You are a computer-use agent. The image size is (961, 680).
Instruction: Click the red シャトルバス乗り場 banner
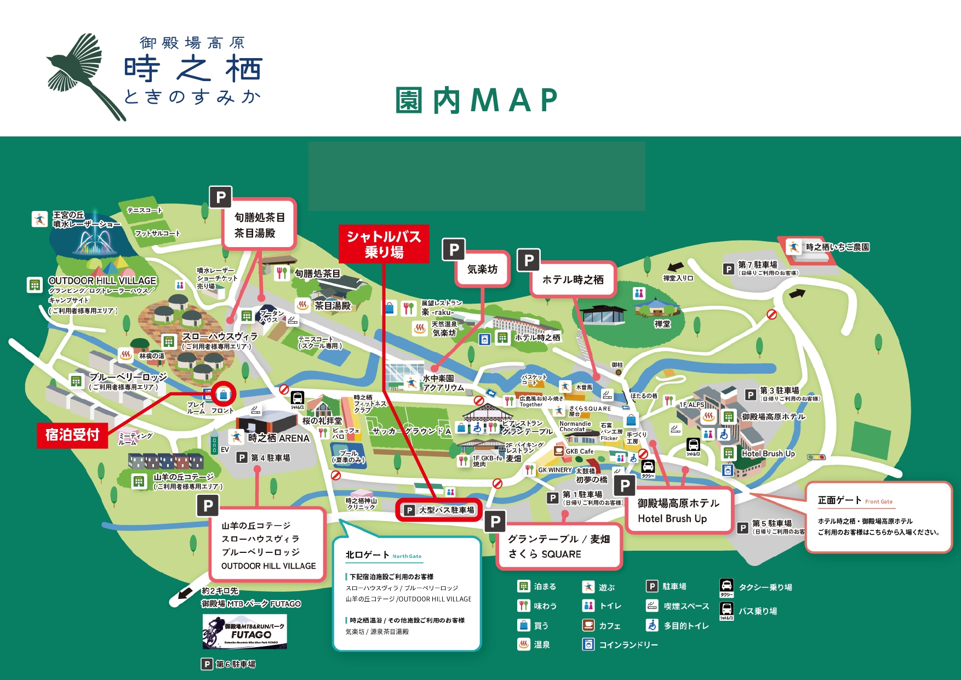tap(384, 244)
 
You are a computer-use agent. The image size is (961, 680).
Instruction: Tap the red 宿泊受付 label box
tap(72, 435)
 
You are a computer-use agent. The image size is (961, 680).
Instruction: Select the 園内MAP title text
tap(476, 100)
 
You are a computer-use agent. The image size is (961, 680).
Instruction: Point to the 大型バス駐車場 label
tap(439, 510)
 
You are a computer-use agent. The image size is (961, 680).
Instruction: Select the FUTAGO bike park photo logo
tap(244, 632)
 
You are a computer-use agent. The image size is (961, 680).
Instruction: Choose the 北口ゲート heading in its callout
tap(367, 555)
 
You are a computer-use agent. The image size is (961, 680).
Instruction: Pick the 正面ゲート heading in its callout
tap(839, 500)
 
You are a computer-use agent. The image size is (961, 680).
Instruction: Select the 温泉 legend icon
tap(524, 644)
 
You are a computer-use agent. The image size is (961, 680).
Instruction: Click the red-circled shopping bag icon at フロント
tap(223, 394)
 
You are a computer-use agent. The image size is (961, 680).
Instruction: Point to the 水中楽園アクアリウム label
tap(443, 382)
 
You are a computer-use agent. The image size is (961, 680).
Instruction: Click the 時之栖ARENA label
tap(278, 438)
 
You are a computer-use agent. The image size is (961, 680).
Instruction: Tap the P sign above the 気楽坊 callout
tap(454, 250)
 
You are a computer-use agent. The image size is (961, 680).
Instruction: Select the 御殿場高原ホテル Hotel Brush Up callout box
tap(678, 511)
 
